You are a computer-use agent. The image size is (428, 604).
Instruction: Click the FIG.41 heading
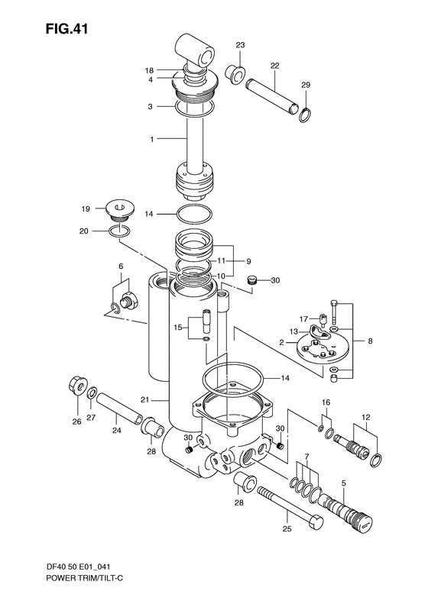tap(66, 28)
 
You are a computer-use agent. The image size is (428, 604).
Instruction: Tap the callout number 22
tap(274, 66)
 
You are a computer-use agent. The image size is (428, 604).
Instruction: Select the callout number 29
tap(306, 85)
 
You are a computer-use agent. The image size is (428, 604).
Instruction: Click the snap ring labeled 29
tap(306, 115)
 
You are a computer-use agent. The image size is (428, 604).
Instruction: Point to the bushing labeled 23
tap(235, 73)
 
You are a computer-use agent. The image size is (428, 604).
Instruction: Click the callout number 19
tap(86, 208)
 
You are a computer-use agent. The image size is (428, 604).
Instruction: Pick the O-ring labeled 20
tap(119, 231)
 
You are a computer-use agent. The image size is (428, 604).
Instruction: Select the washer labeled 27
tap(92, 394)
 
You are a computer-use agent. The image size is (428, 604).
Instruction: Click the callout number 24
tap(116, 430)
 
